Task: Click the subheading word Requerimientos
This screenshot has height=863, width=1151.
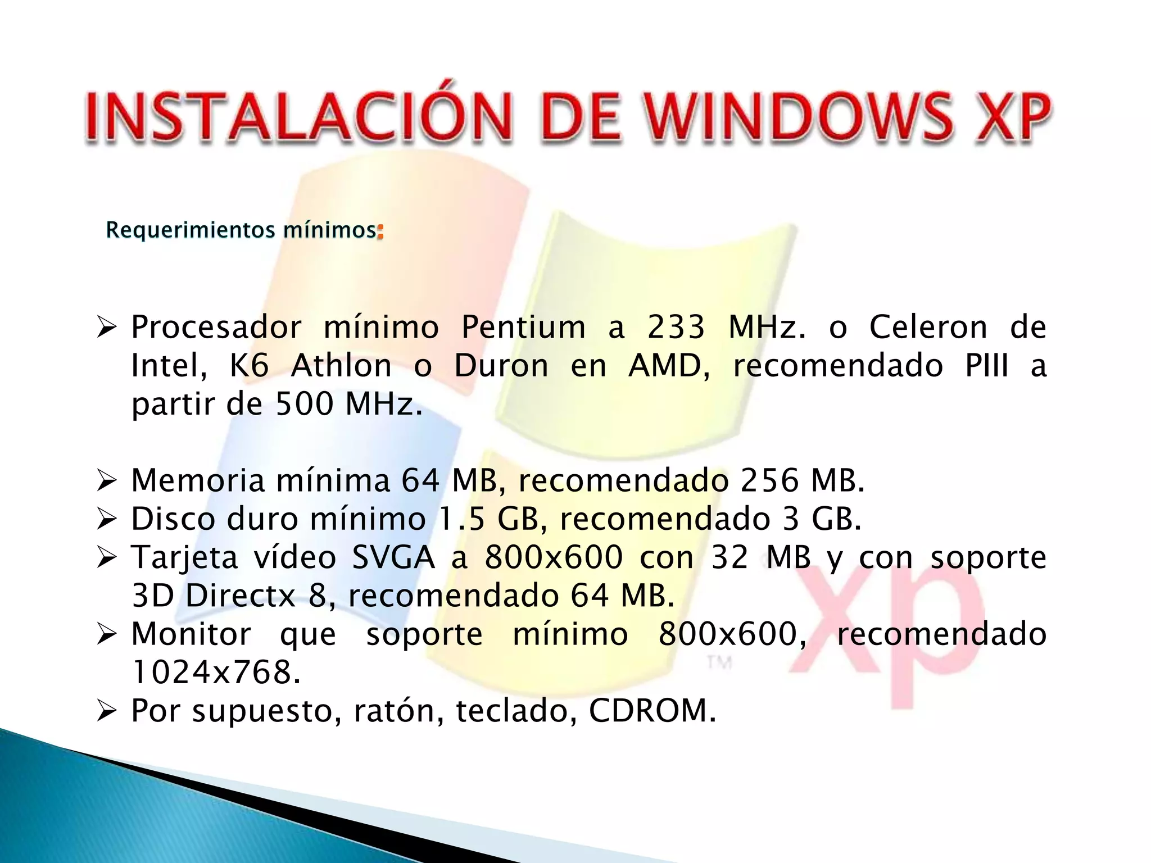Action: pyautogui.click(x=191, y=230)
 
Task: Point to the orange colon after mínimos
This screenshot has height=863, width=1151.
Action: pyautogui.click(x=380, y=231)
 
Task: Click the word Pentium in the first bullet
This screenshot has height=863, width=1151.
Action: pyautogui.click(x=523, y=327)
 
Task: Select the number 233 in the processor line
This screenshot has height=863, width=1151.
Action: pyautogui.click(x=676, y=327)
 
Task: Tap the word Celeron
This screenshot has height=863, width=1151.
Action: pyautogui.click(x=928, y=327)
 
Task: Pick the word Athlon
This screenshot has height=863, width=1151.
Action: pyautogui.click(x=341, y=366)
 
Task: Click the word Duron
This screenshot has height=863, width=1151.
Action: pyautogui.click(x=501, y=366)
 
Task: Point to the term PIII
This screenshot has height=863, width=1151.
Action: pyautogui.click(x=987, y=366)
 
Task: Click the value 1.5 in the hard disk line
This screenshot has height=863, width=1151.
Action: pyautogui.click(x=461, y=519)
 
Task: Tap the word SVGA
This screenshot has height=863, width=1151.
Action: pyautogui.click(x=393, y=557)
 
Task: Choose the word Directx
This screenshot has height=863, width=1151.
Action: pyautogui.click(x=241, y=596)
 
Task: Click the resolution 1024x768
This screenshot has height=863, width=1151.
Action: pyautogui.click(x=216, y=673)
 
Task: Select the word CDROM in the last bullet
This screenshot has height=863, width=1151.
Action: pyautogui.click(x=652, y=711)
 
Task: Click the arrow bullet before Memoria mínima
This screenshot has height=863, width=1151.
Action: pyautogui.click(x=106, y=482)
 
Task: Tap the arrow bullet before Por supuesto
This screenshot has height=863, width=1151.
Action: pyautogui.click(x=106, y=712)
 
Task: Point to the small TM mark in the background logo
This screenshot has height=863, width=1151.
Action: pyautogui.click(x=719, y=663)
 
